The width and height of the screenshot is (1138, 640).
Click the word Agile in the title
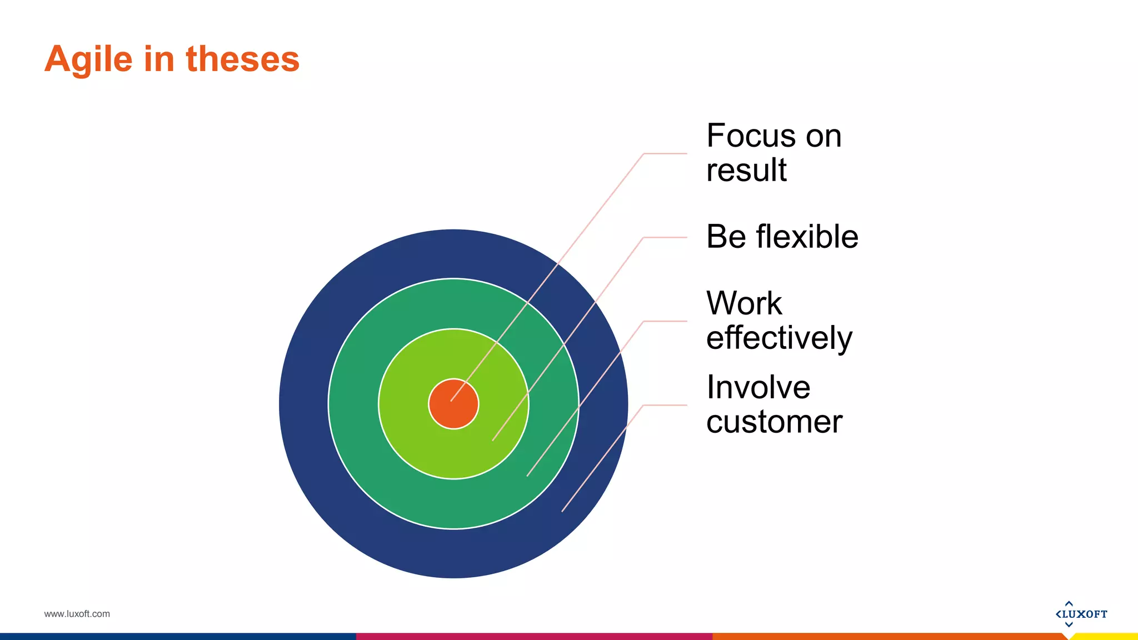[88, 59]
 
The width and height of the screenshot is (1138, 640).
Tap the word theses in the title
[242, 59]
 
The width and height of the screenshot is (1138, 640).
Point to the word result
[746, 170]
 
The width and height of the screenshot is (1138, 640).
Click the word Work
[743, 303]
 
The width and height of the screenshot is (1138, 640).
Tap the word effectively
[778, 338]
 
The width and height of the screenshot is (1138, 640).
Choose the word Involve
[758, 387]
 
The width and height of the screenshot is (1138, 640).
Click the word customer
[774, 422]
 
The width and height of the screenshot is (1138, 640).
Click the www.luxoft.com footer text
[77, 614]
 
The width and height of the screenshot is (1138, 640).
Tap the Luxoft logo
[1081, 614]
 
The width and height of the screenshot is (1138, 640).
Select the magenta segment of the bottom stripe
[533, 637]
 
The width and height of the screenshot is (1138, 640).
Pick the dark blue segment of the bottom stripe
[178, 637]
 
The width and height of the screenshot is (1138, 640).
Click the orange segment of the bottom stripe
[889, 637]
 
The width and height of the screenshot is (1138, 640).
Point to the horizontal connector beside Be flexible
[665, 237]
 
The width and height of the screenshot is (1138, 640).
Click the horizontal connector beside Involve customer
[665, 405]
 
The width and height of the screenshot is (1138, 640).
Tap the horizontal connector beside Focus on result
[665, 153]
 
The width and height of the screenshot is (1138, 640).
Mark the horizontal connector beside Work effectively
[665, 321]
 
